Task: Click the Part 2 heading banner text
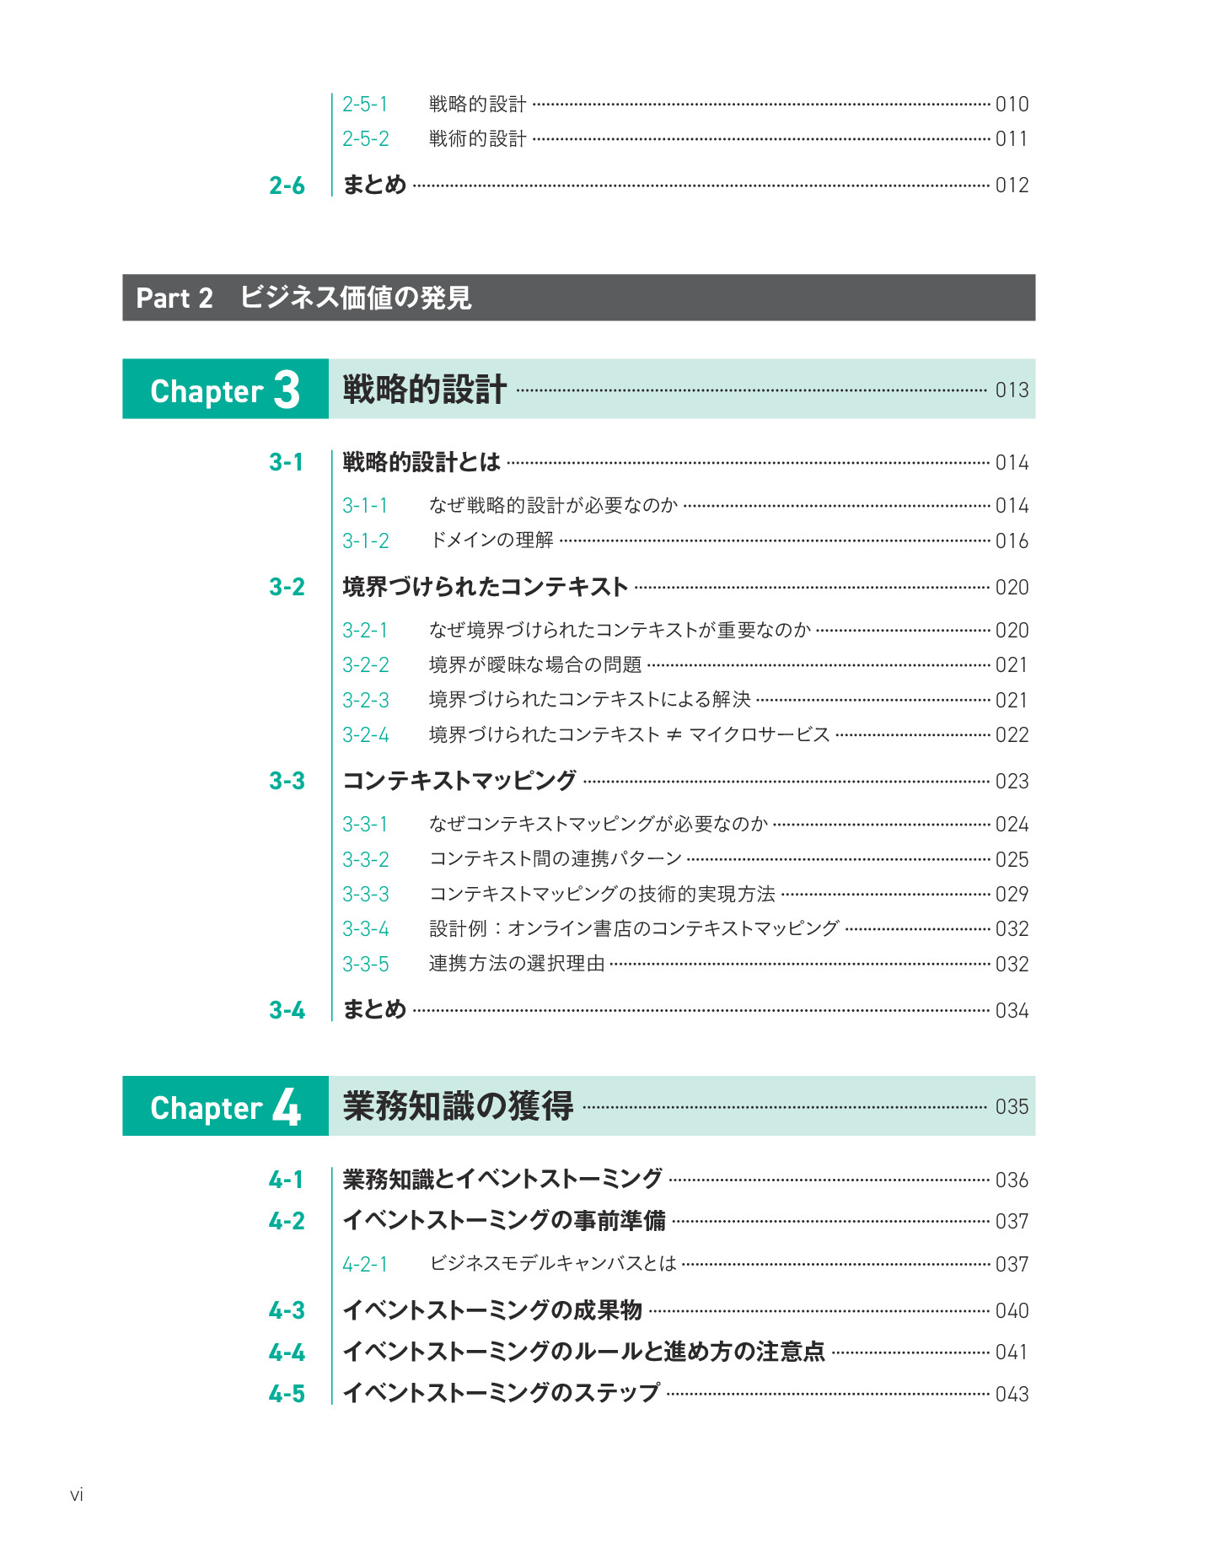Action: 303,298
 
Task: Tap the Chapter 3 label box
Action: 225,390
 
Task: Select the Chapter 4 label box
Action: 225,1106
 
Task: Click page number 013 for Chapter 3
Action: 1012,390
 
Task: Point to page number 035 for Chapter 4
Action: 1012,1107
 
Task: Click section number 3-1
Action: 287,462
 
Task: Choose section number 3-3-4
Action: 366,929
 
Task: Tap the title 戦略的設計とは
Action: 421,462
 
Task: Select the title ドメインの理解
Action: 491,540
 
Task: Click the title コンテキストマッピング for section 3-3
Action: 459,781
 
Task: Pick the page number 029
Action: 1012,895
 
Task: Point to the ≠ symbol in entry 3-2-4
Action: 674,735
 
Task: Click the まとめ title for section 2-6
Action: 374,185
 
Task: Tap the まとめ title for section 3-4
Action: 374,1010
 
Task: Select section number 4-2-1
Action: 365,1265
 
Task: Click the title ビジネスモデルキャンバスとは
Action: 553,1264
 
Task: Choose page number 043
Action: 1012,1395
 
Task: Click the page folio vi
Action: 77,1495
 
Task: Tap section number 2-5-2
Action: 366,139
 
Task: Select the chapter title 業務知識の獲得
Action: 458,1106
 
